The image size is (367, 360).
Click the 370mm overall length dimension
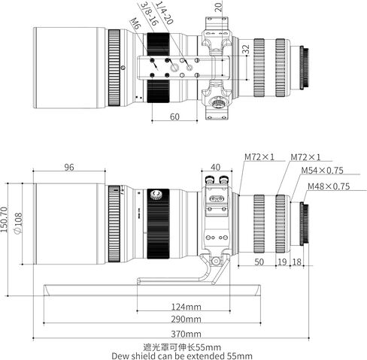pos(186,334)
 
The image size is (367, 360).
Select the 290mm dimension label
pos(186,319)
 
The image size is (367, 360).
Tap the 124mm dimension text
pos(186,307)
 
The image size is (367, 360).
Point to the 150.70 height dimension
pos(4,219)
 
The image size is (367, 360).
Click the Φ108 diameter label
pos(19,223)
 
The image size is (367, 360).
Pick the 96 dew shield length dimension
pos(69,167)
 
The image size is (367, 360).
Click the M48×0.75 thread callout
pos(329,186)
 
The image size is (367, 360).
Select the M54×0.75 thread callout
pos(322,171)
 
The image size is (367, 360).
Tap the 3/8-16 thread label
pos(150,14)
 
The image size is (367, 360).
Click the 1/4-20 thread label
pos(164,13)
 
